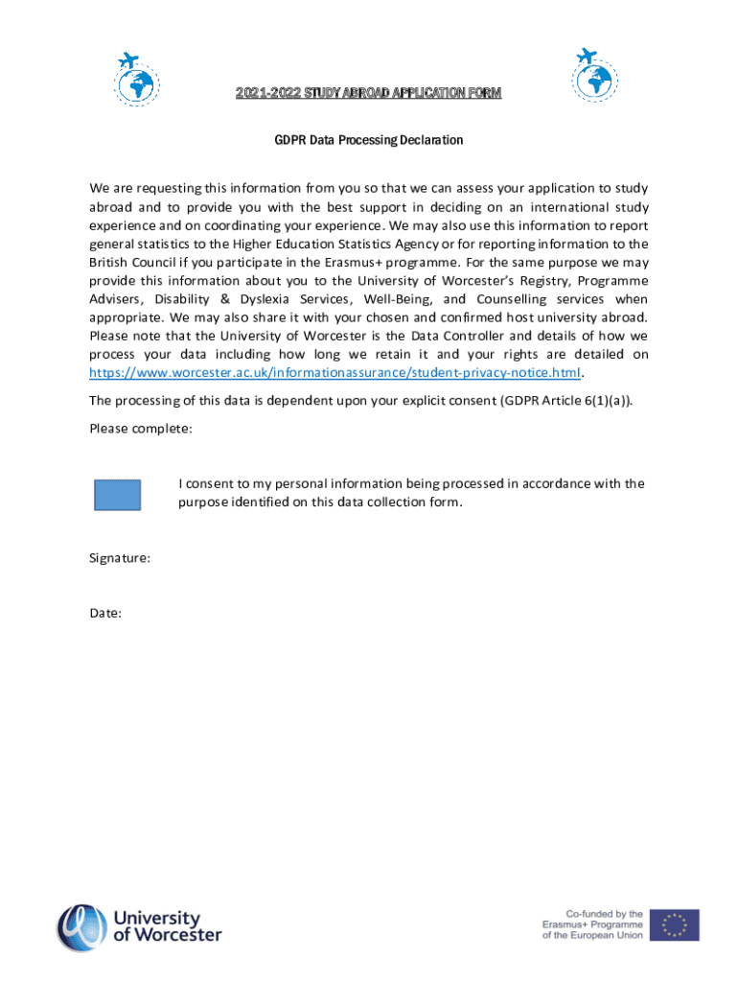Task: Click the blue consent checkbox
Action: pyautogui.click(x=117, y=495)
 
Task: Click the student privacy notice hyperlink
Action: pyautogui.click(x=335, y=373)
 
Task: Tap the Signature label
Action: pyautogui.click(x=119, y=557)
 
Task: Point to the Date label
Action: pyautogui.click(x=105, y=613)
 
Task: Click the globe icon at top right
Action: pyautogui.click(x=594, y=75)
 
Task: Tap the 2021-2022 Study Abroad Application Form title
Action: pyautogui.click(x=369, y=93)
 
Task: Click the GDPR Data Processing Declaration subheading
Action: pyautogui.click(x=369, y=140)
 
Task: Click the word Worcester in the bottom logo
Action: pyautogui.click(x=167, y=935)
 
